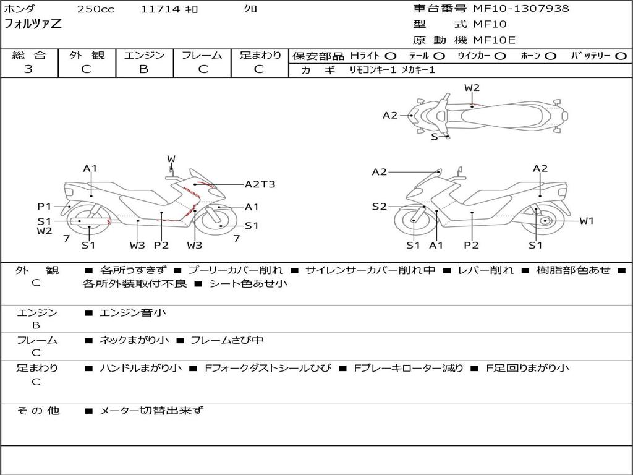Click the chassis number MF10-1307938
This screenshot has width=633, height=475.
coord(521,9)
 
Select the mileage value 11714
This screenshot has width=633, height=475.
coord(160,9)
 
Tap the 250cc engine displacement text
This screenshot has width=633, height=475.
coord(96,9)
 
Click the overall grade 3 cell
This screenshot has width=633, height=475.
coord(28,69)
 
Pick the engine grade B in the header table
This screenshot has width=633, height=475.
coord(143,69)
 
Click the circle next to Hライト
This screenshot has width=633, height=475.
coord(391,56)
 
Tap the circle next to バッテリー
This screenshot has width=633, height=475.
coord(621,56)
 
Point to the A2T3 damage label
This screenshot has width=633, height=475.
coord(260,184)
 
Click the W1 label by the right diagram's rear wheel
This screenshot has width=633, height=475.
coord(586,221)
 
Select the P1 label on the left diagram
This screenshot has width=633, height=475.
coord(44,207)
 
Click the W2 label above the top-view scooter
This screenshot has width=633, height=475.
coord(472,88)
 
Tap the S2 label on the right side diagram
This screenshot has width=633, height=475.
coord(379,207)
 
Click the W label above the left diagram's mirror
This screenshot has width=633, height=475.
coord(171,159)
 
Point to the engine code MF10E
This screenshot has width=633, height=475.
coord(494,40)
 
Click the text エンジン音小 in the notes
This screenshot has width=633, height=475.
coord(133,313)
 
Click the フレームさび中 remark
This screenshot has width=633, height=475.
coord(227,340)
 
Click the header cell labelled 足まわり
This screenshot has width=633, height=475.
coord(260,56)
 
